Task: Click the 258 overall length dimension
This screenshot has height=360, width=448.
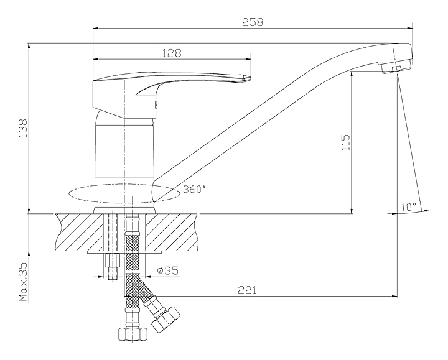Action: coord(253,22)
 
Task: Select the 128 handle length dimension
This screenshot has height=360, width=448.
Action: coord(172,53)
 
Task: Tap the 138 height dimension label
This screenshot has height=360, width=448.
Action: coord(23,128)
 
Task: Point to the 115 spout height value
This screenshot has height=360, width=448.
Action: coord(345,142)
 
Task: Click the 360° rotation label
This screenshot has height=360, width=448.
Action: coord(194,189)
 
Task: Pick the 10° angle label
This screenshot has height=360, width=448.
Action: coord(408,206)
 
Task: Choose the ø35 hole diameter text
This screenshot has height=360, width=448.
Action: coord(168,270)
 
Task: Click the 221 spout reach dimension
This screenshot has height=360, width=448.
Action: coord(248,290)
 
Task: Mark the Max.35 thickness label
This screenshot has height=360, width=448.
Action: coord(23,282)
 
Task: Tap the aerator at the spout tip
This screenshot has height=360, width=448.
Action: coord(396,68)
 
